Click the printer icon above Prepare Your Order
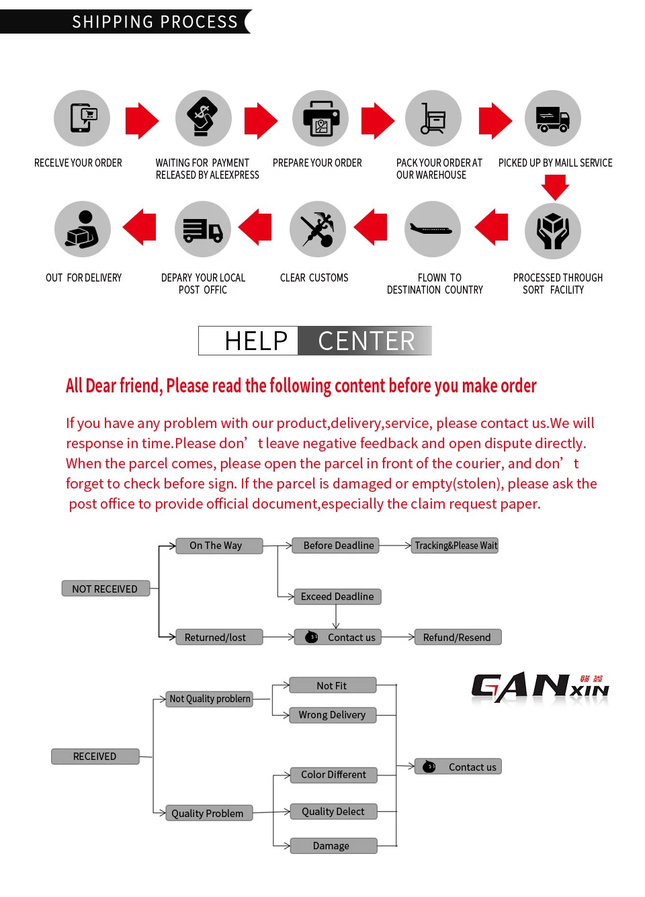click(x=320, y=118)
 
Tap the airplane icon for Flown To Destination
click(x=433, y=229)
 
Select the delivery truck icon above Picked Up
click(x=553, y=118)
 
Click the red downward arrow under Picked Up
click(x=555, y=186)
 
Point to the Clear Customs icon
click(x=318, y=229)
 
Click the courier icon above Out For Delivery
click(x=83, y=229)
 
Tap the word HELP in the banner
click(x=256, y=341)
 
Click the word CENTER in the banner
click(x=366, y=341)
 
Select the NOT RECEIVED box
click(x=105, y=589)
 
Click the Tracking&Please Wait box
click(x=456, y=546)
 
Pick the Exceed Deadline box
click(x=337, y=597)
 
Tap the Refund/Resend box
click(x=458, y=637)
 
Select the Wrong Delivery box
click(x=333, y=715)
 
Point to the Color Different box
click(x=333, y=775)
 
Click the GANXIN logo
click(x=540, y=688)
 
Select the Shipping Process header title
click(x=155, y=22)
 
